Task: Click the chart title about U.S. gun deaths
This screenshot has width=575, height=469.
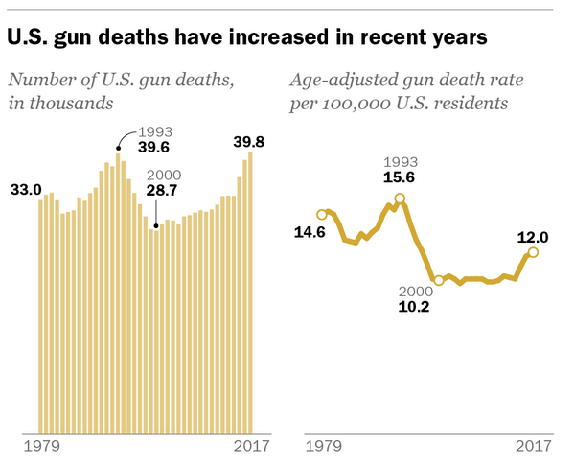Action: pyautogui.click(x=248, y=37)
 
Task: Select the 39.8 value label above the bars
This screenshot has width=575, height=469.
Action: pyautogui.click(x=248, y=142)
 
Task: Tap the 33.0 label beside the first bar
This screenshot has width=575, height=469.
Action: pyautogui.click(x=26, y=190)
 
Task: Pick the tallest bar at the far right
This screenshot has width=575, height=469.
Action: pyautogui.click(x=250, y=292)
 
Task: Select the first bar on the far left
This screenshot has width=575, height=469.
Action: pyautogui.click(x=40, y=316)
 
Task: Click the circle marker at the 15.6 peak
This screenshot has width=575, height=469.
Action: pyautogui.click(x=400, y=199)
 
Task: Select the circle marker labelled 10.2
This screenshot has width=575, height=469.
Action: pyautogui.click(x=439, y=280)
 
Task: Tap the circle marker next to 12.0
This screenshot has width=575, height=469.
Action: pyautogui.click(x=533, y=252)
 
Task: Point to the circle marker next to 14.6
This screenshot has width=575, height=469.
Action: pyautogui.click(x=322, y=215)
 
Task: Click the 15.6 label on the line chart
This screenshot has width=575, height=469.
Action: pyautogui.click(x=400, y=177)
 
